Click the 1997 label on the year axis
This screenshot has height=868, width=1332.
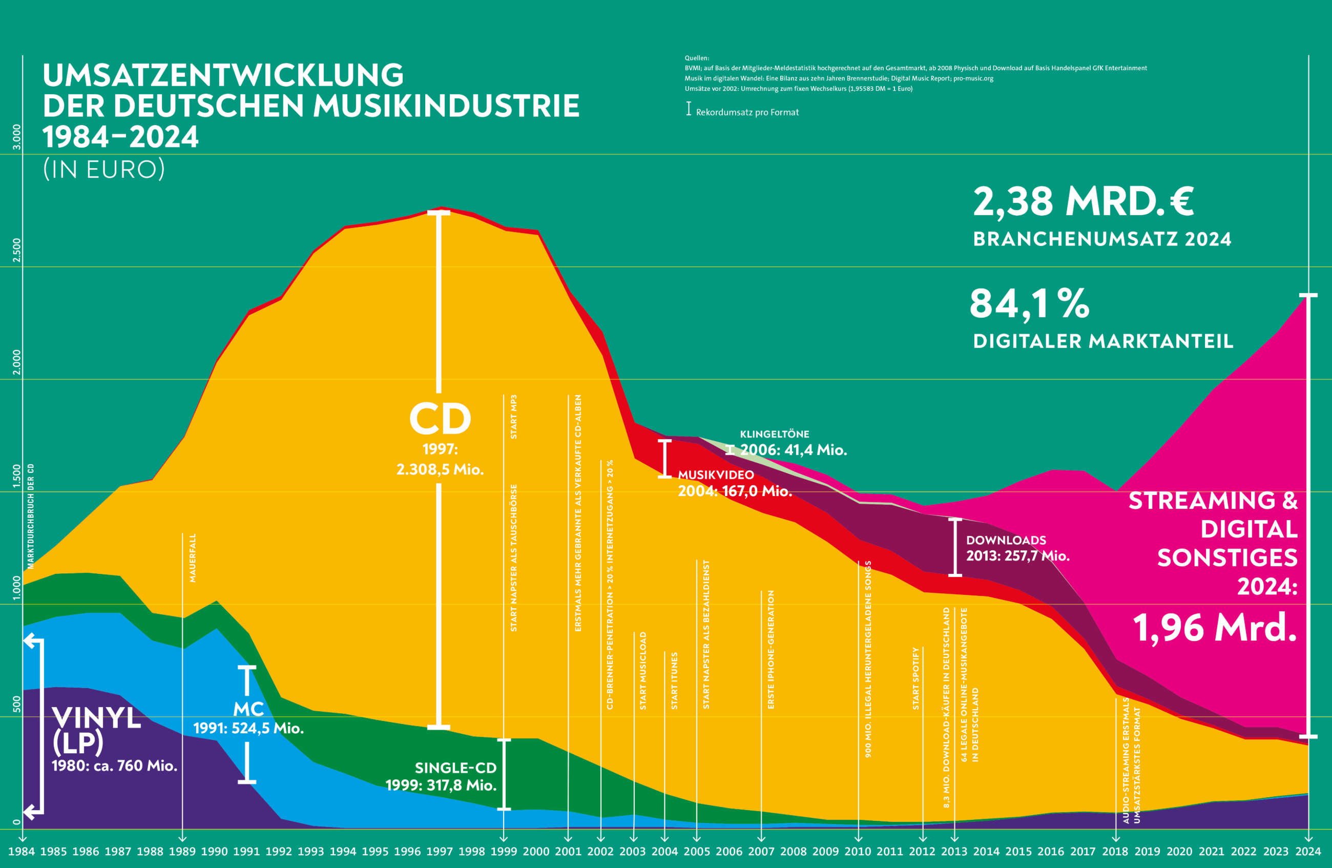pos(440,852)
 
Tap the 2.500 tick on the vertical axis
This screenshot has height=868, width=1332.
pos(17,250)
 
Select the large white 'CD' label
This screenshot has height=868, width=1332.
pos(440,419)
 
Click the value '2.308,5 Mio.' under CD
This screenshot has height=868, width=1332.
pos(440,469)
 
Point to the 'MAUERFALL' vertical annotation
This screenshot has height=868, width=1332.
pos(193,558)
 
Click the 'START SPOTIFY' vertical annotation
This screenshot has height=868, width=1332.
pos(916,678)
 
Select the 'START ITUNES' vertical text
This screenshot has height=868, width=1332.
pos(674,680)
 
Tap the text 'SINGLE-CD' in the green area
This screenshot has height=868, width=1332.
pos(455,767)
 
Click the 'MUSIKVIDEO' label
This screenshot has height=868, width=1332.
pos(716,474)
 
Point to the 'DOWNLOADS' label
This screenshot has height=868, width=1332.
pos(1006,540)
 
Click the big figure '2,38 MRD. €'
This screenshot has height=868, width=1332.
pos(1083,201)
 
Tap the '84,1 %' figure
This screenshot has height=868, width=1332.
pos(1029,304)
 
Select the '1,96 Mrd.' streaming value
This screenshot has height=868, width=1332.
pos(1215,627)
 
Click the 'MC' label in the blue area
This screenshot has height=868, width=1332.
pos(248,709)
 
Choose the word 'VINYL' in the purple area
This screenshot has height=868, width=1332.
pos(97,718)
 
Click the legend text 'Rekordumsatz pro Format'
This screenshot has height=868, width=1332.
pos(747,112)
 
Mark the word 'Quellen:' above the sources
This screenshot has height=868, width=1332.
pos(697,57)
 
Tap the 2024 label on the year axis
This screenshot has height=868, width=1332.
pos(1308,852)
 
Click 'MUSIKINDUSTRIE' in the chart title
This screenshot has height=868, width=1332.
pos(446,106)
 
